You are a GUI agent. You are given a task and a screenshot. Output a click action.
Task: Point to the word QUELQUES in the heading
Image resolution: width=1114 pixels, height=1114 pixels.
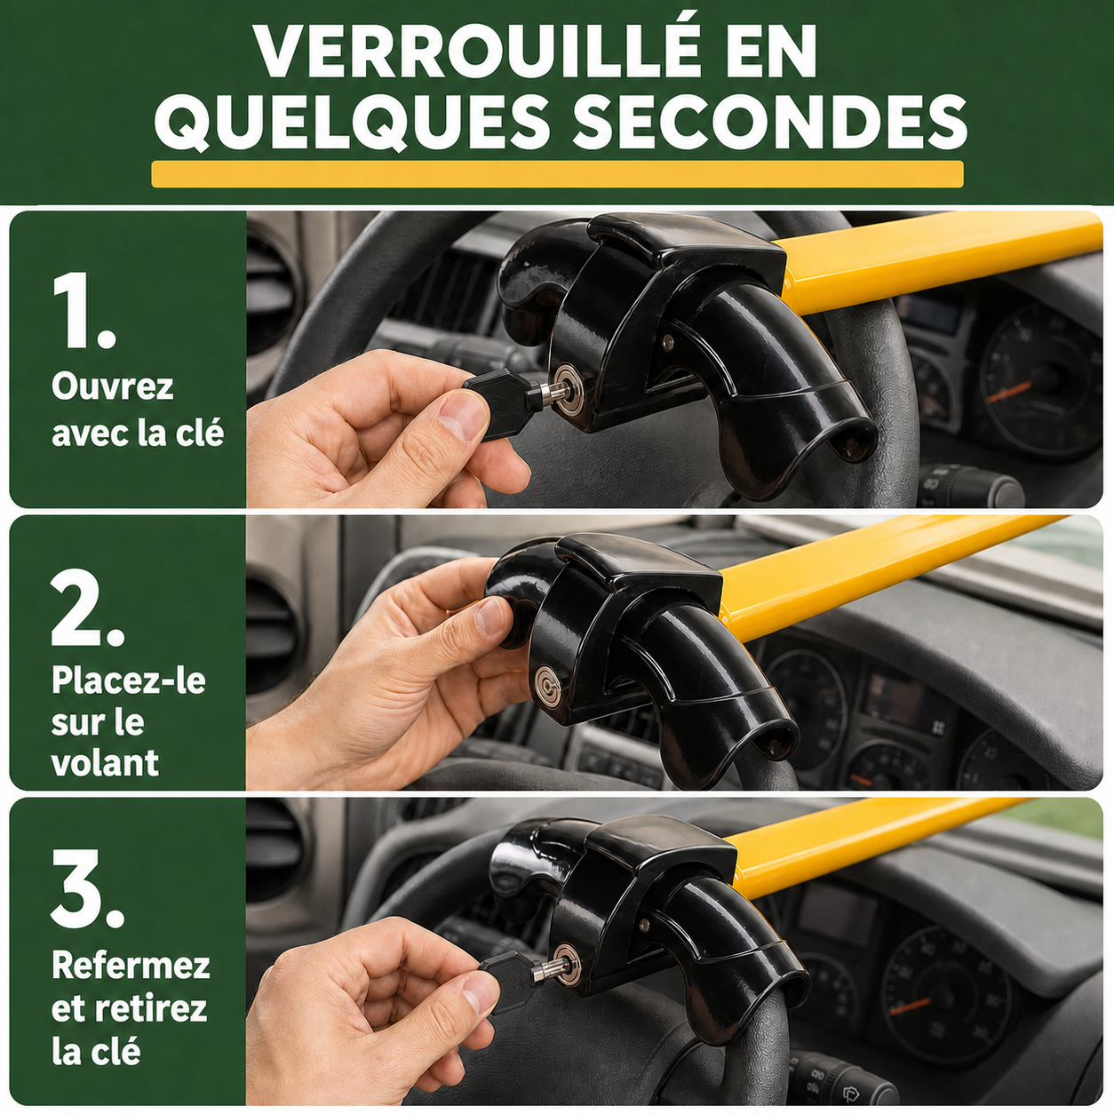(x=352, y=122)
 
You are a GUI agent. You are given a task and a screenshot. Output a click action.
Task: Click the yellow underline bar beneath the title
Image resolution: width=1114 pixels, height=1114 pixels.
(x=557, y=174)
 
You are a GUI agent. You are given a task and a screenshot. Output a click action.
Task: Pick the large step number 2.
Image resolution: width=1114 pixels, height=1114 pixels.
(x=87, y=608)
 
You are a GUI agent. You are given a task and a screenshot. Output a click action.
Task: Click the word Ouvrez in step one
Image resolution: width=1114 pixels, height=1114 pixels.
(x=113, y=386)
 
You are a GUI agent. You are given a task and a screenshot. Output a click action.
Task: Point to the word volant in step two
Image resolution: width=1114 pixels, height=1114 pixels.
(x=105, y=762)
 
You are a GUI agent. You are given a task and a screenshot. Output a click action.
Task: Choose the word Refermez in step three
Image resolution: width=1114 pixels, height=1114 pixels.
(x=131, y=965)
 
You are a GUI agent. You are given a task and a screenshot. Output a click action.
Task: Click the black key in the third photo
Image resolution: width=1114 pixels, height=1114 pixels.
(x=513, y=982)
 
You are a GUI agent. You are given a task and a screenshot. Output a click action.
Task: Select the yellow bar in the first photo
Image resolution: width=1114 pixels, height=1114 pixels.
(x=936, y=259)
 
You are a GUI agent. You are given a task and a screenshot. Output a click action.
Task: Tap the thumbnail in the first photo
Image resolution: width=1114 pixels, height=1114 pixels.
(x=462, y=414)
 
